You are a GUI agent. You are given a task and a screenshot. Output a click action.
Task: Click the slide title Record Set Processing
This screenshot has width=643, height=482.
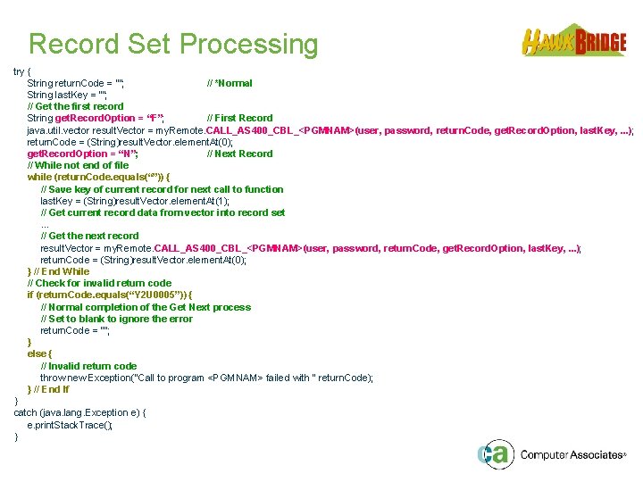pos(173,44)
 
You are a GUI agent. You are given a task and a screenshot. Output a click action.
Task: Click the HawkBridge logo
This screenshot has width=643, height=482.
pos(573,41)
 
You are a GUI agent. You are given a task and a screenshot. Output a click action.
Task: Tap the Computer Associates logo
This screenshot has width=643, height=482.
pos(550,454)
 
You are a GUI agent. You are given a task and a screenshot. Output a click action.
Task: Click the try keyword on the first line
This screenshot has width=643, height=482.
pos(21,71)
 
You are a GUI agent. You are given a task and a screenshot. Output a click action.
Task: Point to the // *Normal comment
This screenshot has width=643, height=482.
pos(230,83)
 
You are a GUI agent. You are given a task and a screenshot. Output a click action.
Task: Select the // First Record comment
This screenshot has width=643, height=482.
pos(239,118)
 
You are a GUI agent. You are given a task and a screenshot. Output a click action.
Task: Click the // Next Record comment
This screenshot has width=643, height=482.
pos(239,154)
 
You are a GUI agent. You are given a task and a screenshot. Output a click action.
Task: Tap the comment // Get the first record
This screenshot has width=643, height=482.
pos(75,106)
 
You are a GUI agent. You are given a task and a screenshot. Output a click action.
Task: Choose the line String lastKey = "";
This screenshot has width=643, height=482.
pos(67,95)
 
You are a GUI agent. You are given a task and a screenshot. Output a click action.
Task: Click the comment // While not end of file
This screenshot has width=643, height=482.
pos(78,165)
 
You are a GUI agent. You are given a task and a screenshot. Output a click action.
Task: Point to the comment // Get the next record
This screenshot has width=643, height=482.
pos(89,236)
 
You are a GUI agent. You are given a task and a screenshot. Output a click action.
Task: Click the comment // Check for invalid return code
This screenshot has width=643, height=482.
pos(99,283)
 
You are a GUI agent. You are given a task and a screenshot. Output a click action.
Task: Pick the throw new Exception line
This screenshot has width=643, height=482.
pos(206,378)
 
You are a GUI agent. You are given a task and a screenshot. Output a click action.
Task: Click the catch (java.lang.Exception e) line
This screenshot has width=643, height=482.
pos(79,413)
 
